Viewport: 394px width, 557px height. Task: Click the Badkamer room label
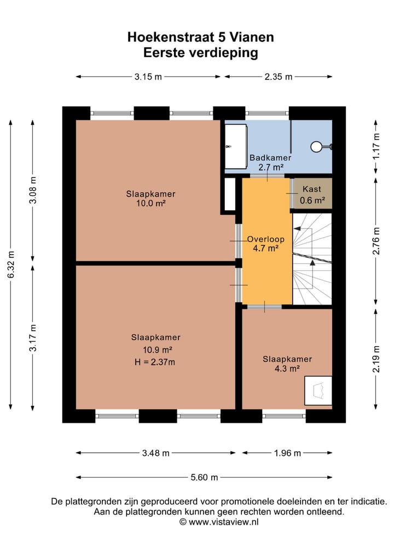[270, 158]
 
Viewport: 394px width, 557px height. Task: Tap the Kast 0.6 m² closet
[312, 193]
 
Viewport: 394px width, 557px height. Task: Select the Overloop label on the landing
[266, 239]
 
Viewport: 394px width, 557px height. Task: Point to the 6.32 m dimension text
[11, 265]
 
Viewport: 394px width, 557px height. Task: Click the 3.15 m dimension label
[148, 76]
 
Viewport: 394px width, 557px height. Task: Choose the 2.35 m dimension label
[279, 76]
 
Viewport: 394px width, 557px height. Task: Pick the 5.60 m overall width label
[204, 477]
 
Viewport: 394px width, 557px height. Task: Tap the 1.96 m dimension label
[287, 453]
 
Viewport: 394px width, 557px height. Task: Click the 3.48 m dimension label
[155, 453]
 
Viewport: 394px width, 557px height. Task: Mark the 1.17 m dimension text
[376, 146]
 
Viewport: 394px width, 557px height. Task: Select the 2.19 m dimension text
[376, 359]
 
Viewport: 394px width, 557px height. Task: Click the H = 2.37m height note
[155, 363]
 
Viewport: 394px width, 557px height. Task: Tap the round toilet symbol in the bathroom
[316, 146]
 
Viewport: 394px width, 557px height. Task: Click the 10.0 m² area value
[151, 203]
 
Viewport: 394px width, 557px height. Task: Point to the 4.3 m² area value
[287, 369]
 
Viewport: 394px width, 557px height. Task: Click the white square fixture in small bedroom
[318, 391]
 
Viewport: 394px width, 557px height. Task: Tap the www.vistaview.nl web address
[223, 521]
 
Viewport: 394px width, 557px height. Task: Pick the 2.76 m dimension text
[376, 241]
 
